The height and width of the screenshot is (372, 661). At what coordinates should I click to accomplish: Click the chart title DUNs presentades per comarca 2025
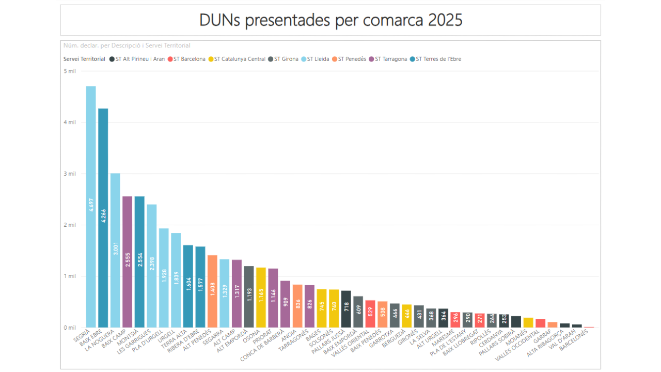click(330, 20)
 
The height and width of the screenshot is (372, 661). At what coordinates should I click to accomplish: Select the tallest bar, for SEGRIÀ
click(91, 207)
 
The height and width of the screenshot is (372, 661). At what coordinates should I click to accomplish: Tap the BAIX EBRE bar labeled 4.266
click(103, 217)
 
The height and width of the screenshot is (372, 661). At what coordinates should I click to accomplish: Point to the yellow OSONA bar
click(261, 297)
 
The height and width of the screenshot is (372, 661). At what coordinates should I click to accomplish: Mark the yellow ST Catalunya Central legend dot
click(211, 59)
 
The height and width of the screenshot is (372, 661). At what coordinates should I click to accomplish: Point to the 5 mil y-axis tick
click(70, 71)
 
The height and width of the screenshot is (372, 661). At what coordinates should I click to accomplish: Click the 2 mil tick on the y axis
click(70, 225)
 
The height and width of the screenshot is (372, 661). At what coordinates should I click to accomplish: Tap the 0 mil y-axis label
click(70, 328)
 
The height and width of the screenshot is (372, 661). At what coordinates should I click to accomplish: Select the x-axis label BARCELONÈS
click(575, 341)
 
